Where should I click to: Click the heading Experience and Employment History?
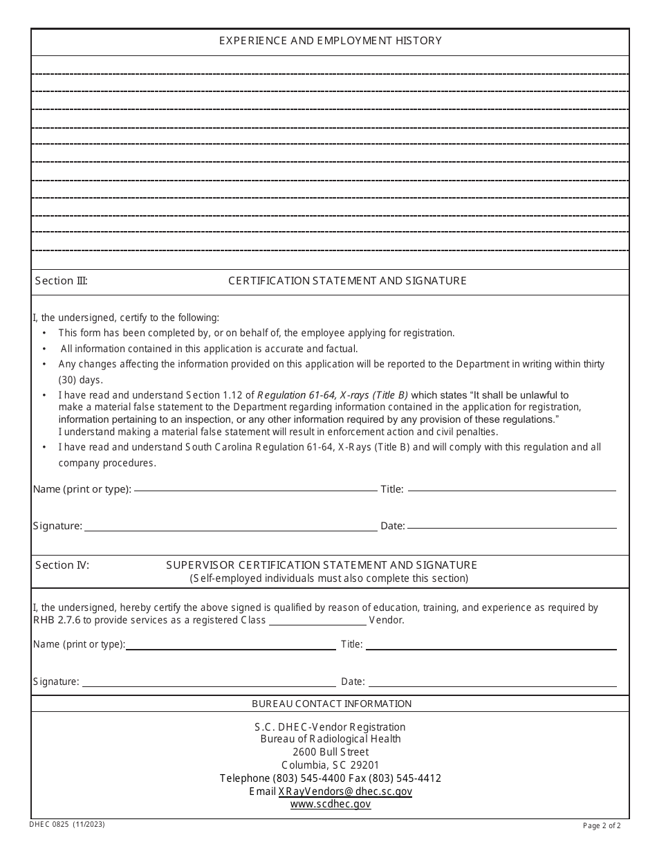(330, 41)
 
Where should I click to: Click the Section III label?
(62, 281)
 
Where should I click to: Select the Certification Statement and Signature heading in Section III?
(347, 281)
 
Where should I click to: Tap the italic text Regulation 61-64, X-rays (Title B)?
(333, 395)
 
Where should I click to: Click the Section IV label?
(62, 565)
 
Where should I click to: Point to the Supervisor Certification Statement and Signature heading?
(322, 565)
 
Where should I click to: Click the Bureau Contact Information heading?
(331, 704)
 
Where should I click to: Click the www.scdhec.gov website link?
(331, 804)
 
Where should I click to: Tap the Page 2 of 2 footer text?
(602, 825)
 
